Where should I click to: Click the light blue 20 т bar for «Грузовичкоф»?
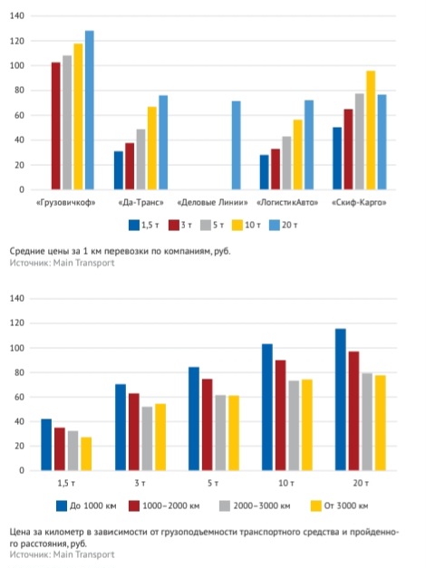point(90,111)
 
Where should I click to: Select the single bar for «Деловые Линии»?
point(236,145)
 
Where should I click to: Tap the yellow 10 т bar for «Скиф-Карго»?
point(371,130)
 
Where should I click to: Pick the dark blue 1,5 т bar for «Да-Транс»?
point(119,170)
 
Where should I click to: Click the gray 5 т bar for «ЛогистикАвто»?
point(286,163)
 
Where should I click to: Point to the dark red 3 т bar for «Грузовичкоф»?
point(56,126)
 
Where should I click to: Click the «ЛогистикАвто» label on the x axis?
point(287,203)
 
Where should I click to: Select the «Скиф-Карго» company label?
point(359,203)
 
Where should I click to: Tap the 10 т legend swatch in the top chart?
point(237,226)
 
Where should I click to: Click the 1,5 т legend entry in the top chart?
point(144,226)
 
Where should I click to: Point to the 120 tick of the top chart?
point(17,41)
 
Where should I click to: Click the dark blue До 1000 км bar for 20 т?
point(341,400)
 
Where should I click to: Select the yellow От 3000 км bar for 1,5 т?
point(86,454)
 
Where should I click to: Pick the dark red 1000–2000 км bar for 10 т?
point(281,416)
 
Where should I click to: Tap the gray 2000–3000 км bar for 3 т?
point(147,438)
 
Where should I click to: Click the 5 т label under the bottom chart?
point(213,484)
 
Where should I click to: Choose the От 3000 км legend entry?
point(340,506)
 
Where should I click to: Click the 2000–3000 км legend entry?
point(255,506)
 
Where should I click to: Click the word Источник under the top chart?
point(30,263)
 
